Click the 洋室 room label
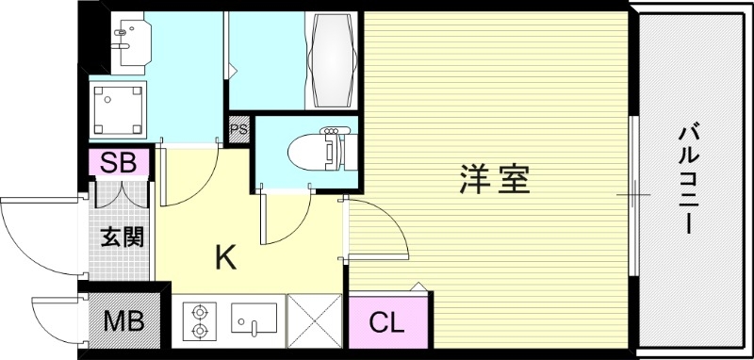(495, 179)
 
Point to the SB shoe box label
(119, 162)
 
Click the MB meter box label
(123, 322)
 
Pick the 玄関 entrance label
(123, 236)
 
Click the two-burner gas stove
(200, 319)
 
